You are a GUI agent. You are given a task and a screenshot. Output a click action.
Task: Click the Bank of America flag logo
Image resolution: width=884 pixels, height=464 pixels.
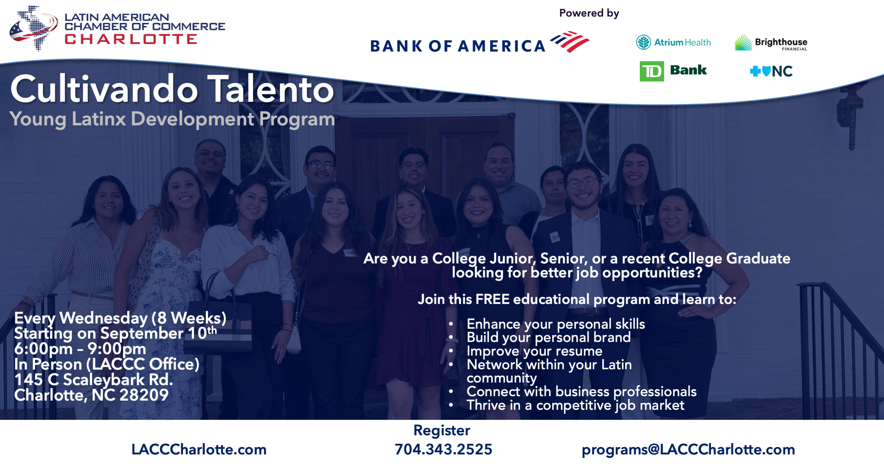(569, 42)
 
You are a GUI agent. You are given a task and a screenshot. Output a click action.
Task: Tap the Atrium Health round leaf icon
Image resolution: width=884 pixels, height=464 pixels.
(643, 42)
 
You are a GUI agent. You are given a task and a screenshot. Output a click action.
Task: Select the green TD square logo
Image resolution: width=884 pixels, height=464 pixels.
(652, 71)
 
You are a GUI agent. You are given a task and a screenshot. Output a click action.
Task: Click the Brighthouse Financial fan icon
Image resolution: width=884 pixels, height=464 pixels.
(743, 42)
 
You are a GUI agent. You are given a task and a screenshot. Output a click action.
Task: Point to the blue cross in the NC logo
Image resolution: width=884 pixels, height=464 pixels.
(755, 71)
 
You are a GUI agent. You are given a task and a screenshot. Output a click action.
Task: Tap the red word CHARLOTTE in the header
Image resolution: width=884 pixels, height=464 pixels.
(131, 39)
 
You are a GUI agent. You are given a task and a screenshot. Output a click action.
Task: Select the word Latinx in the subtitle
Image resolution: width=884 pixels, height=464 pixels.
(99, 119)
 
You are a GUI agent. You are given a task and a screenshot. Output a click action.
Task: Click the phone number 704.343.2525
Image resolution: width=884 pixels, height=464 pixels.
(443, 449)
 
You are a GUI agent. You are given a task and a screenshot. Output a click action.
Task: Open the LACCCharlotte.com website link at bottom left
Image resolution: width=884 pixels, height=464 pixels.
(199, 450)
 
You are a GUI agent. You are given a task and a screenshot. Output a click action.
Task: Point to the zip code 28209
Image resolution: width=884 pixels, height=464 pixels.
(144, 395)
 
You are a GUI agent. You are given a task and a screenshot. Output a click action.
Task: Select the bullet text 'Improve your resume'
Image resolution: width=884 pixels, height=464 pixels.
(534, 351)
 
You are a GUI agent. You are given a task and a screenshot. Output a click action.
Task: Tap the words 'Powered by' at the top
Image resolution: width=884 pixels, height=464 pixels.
(589, 13)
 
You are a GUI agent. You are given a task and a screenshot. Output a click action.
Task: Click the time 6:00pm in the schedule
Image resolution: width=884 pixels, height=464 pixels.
(43, 349)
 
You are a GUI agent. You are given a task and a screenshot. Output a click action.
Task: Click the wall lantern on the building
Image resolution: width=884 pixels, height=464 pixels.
(851, 111)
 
